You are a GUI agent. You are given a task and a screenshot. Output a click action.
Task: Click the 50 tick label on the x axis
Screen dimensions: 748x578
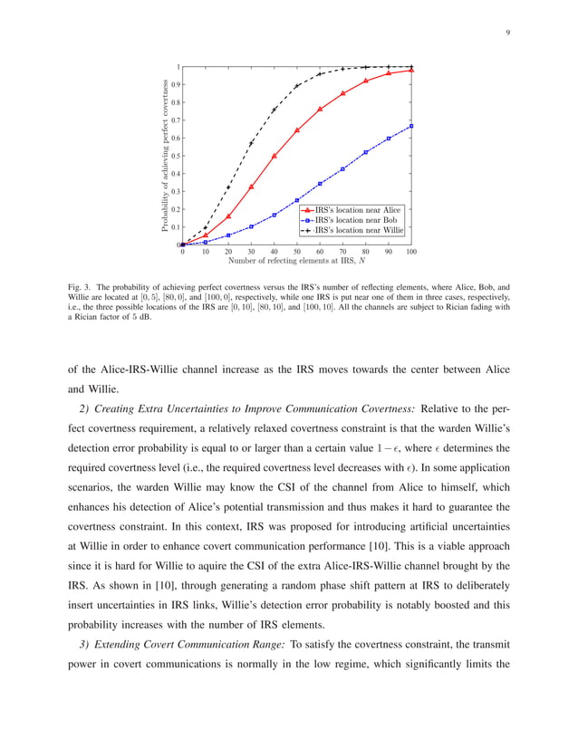point(297,252)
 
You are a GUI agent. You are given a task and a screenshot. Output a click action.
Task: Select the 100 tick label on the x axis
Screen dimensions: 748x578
point(411,252)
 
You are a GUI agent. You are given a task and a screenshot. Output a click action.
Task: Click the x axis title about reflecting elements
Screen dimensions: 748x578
point(297,262)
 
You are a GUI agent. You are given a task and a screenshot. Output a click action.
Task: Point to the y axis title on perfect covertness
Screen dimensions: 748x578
point(166,155)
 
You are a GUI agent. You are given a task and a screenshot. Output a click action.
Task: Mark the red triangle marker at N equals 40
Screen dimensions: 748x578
point(275,156)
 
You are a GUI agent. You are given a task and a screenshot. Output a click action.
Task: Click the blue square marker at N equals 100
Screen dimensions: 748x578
point(411,126)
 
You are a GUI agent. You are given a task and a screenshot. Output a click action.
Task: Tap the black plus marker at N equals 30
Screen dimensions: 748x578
point(251,143)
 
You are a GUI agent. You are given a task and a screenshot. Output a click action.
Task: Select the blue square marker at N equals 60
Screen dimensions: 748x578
point(320,184)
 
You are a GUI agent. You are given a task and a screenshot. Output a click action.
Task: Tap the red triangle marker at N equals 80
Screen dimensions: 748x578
point(366,81)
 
